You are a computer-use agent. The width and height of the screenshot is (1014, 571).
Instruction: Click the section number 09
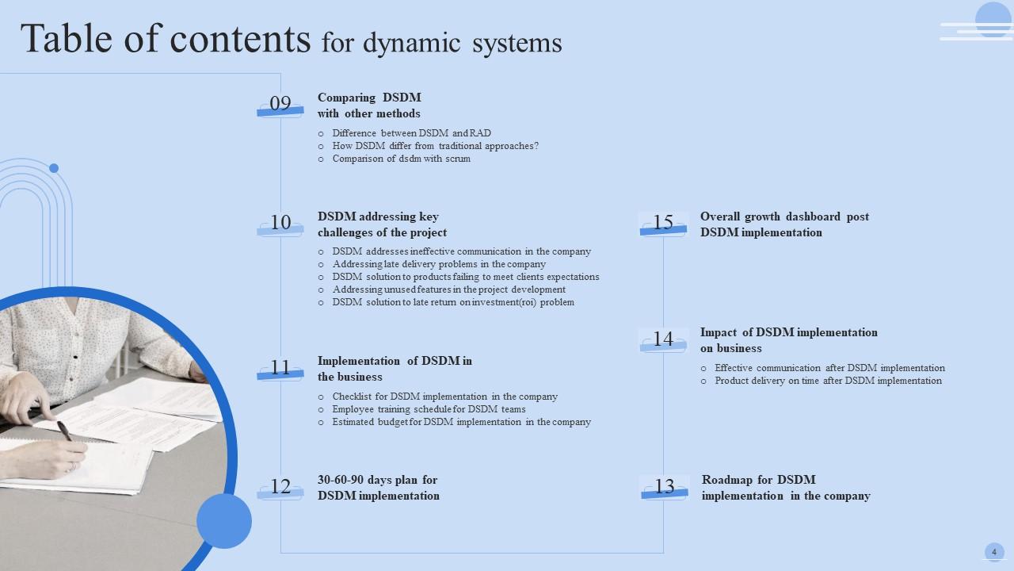280,104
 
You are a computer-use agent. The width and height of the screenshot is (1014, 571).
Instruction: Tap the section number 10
280,223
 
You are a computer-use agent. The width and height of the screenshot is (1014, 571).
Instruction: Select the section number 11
280,367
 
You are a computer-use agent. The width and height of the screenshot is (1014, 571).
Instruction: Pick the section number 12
280,487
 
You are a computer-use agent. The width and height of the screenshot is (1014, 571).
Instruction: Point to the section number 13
665,487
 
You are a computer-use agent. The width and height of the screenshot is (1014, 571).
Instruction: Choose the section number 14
663,339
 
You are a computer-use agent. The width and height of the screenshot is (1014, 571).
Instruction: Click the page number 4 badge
994,552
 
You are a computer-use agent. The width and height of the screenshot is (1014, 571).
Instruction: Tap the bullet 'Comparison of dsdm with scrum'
401,159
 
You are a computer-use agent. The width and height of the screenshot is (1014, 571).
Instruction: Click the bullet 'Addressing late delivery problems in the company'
439,264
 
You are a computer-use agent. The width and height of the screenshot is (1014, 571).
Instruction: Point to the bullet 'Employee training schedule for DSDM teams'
429,409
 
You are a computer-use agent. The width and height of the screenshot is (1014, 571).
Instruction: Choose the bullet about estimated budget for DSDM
461,422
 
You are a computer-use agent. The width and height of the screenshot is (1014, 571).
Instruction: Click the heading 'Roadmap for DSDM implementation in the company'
786,488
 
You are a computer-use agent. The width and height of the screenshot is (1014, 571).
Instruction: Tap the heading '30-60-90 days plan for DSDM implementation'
379,488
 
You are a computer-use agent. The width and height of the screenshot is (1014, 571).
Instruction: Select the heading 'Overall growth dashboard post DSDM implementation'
784,224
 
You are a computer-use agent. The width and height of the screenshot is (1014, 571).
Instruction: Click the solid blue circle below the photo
224,521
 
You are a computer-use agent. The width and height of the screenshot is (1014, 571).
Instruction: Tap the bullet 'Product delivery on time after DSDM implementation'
828,381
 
